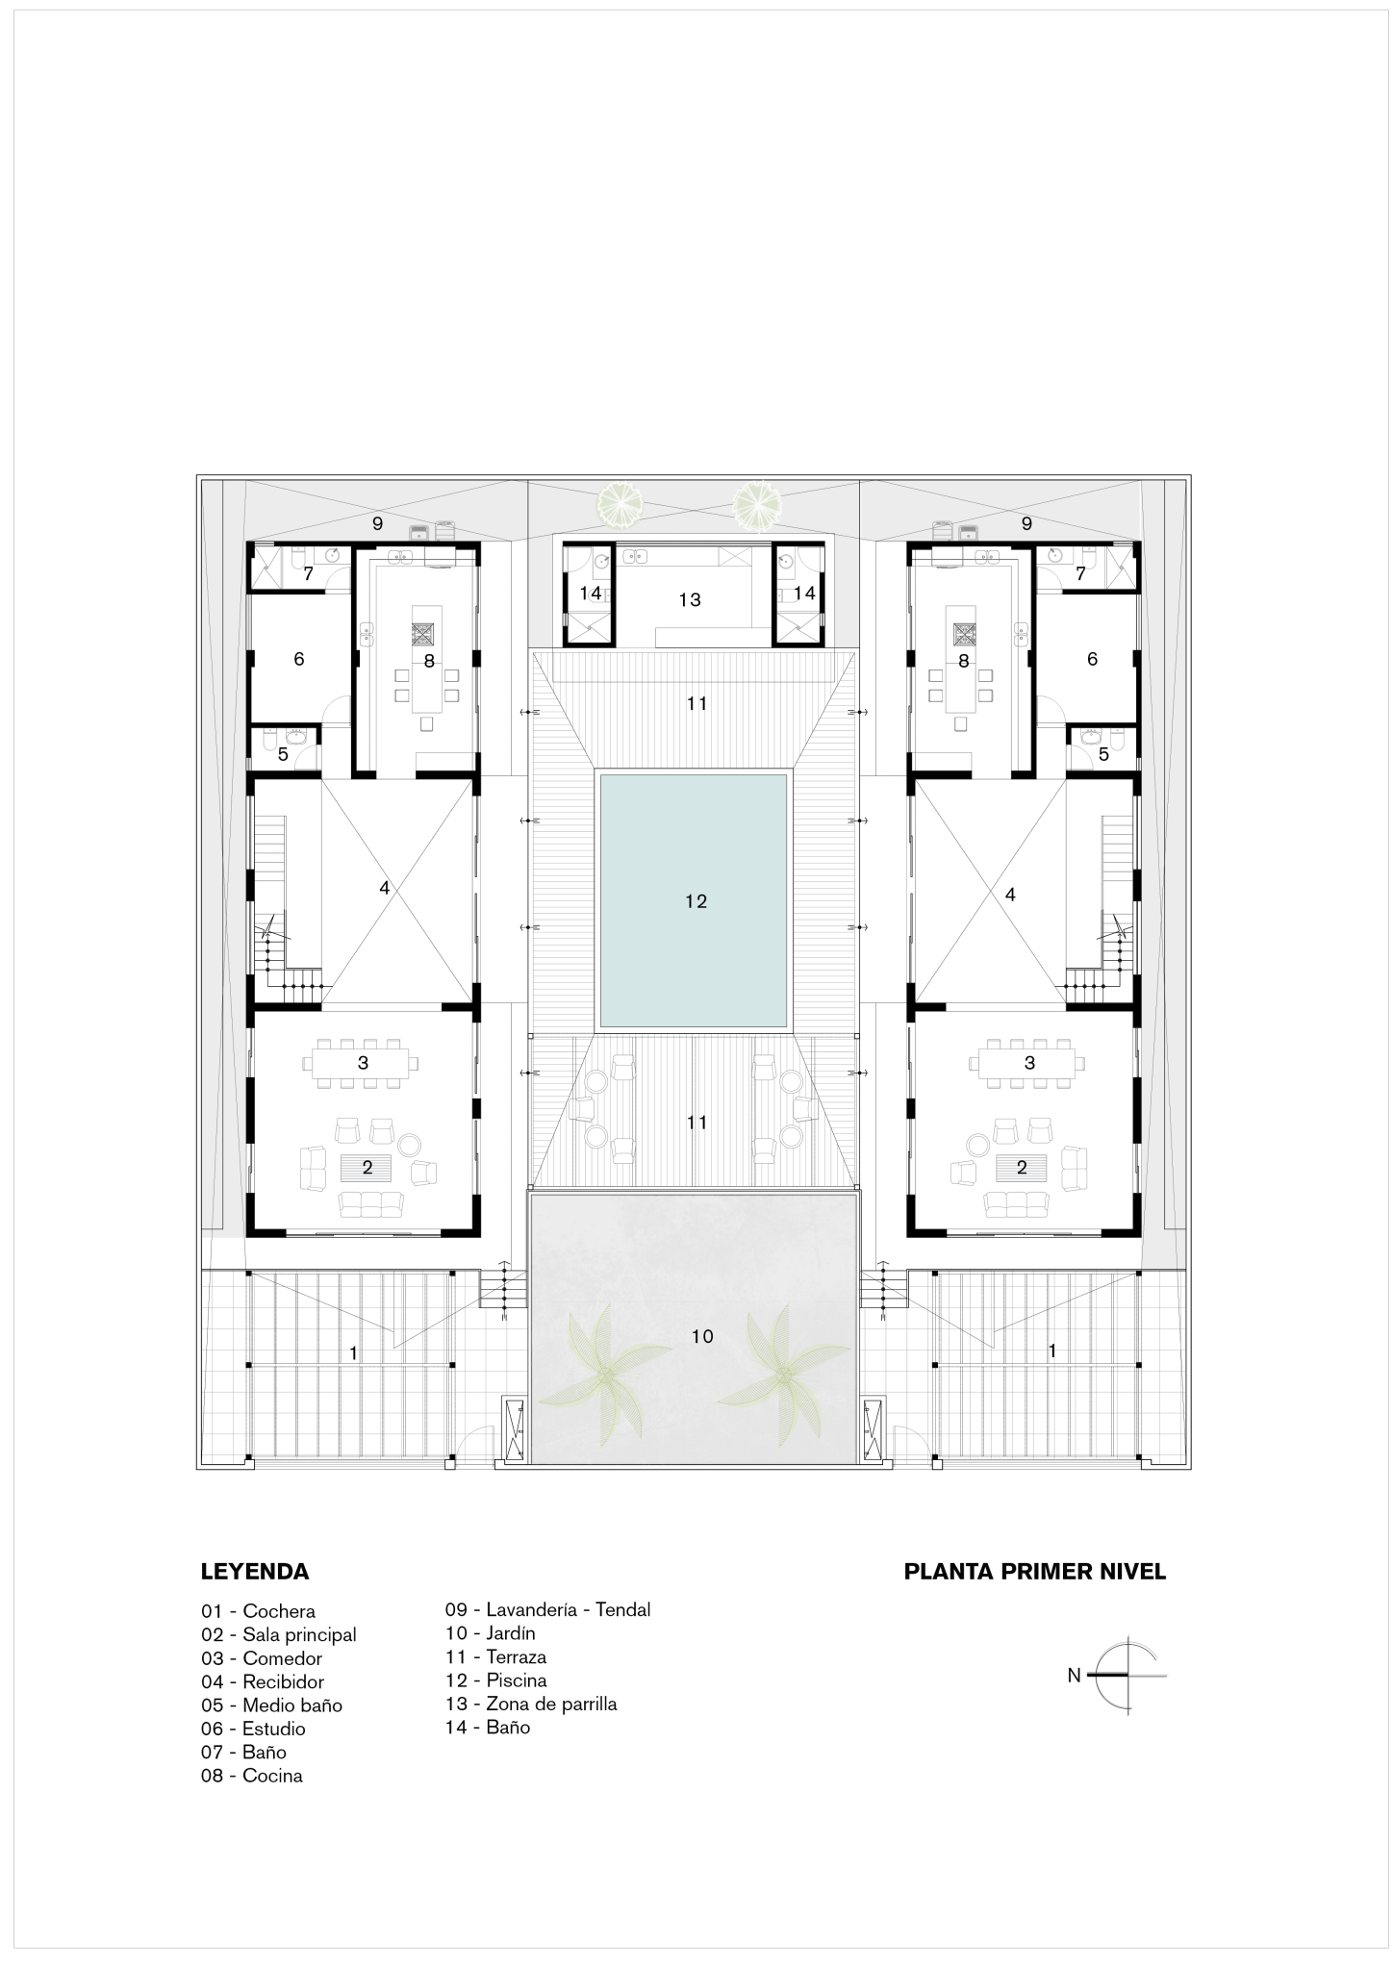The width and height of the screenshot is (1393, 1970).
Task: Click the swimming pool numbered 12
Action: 694,900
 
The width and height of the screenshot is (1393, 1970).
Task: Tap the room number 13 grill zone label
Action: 690,600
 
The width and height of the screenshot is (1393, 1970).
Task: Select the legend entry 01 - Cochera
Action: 258,1611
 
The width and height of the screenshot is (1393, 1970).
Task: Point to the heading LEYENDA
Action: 255,1572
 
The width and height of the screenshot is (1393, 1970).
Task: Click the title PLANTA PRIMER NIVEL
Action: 1035,1572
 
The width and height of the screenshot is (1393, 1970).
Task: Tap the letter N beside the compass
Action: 1074,1676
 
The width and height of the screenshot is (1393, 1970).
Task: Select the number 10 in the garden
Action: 702,1336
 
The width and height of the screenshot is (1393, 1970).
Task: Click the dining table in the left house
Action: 364,1063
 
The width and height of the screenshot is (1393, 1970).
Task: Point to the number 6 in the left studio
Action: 299,660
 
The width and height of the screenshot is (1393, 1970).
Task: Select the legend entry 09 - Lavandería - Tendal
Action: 547,1609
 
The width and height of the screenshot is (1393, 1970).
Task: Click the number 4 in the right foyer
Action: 1009,895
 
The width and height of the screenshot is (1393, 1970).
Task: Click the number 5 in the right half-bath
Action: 1103,754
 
